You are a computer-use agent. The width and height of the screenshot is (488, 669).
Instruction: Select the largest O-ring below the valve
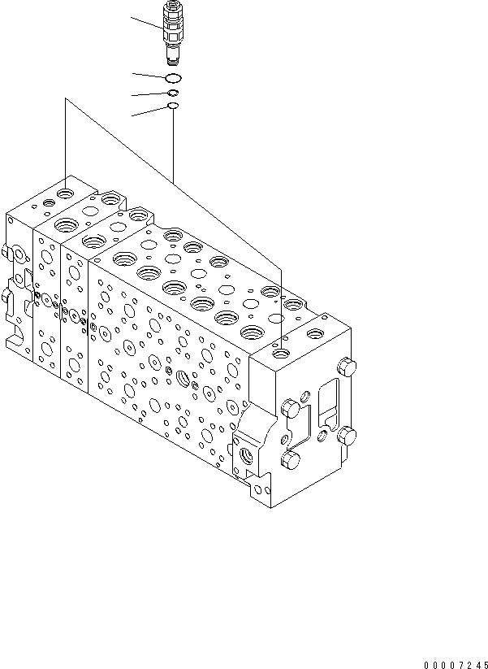click(x=172, y=78)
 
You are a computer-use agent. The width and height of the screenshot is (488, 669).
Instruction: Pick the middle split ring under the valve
click(x=172, y=93)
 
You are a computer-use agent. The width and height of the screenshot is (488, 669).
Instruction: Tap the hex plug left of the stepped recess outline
click(x=289, y=407)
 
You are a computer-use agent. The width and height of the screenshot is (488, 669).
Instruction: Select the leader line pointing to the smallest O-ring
click(x=149, y=111)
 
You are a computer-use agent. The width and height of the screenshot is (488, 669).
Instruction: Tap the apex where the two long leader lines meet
click(x=64, y=100)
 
